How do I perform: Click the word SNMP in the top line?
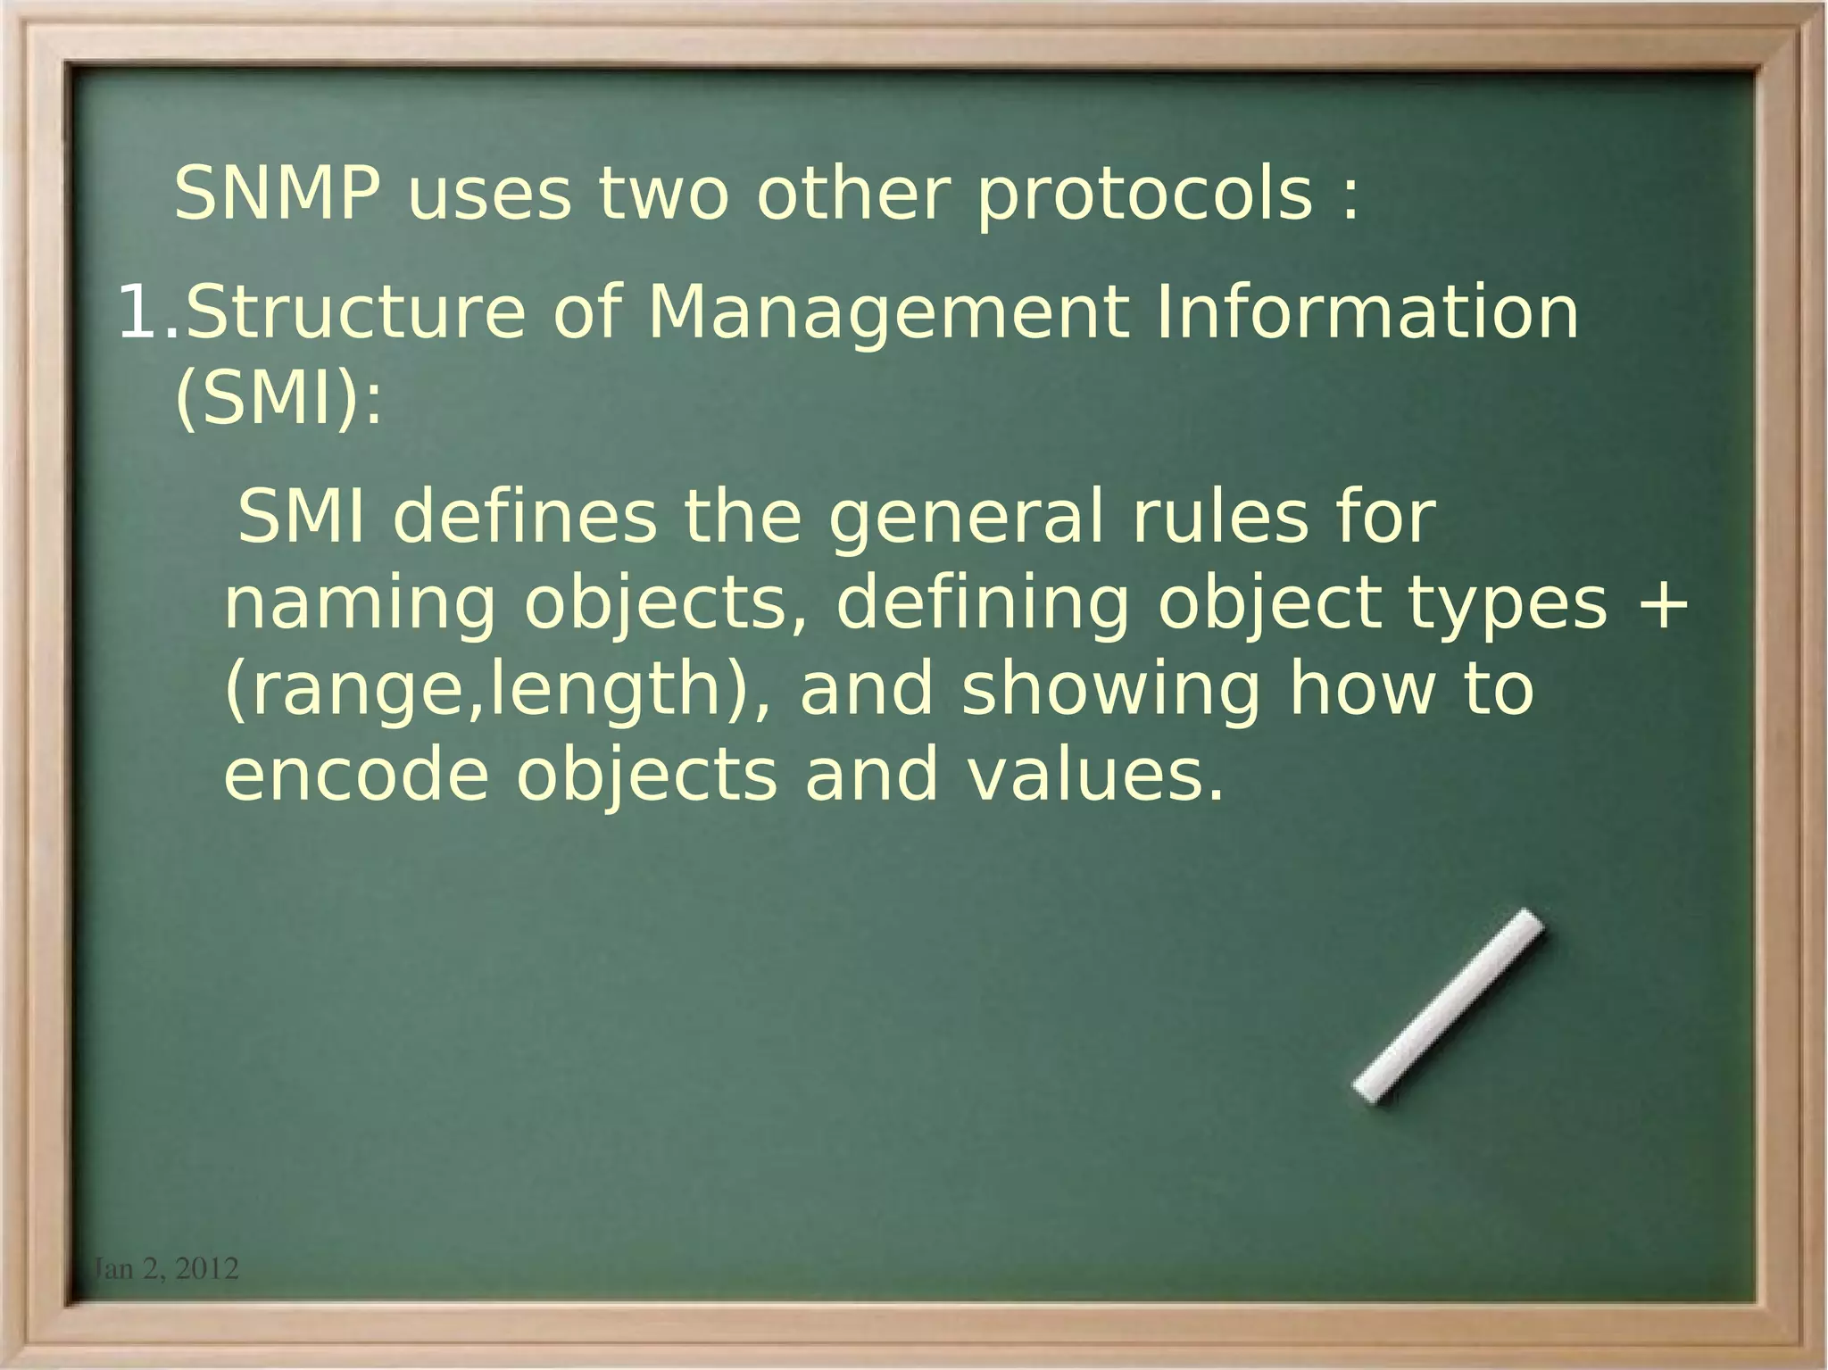[277, 194]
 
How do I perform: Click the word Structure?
[356, 313]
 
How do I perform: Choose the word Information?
[1367, 313]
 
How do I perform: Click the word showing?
[1111, 691]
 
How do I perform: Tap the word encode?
[356, 775]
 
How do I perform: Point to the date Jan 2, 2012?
[166, 1268]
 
